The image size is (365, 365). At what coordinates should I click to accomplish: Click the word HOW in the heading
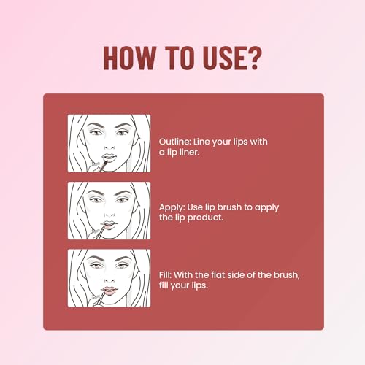(130, 58)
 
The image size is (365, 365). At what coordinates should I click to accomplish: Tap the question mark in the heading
(254, 58)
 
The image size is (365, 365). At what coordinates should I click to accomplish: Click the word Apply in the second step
(172, 207)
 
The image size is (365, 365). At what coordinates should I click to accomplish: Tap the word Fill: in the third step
(166, 275)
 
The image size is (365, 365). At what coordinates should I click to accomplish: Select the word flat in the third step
(219, 275)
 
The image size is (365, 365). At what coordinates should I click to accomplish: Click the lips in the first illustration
(109, 158)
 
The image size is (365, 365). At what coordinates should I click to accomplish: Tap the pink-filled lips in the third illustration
(109, 291)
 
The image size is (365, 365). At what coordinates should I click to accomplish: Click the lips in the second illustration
(109, 225)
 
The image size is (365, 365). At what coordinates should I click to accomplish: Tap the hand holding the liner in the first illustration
(93, 168)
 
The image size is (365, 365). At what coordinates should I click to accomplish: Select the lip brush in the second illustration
(100, 232)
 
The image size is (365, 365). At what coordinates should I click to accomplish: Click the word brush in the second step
(229, 207)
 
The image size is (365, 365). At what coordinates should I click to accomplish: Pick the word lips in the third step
(200, 285)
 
